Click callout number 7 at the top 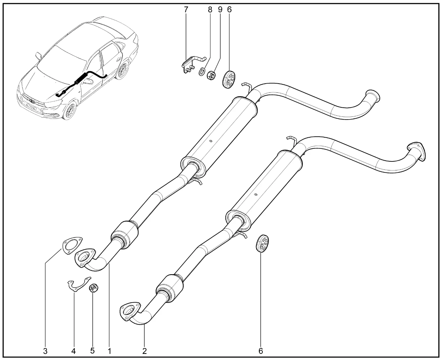186,9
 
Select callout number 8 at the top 210,9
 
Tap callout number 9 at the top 220,9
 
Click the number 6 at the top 229,9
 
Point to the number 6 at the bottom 261,351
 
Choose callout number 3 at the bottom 45,351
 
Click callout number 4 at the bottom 73,351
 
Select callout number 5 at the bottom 92,350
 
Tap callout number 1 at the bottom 109,351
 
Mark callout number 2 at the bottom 145,351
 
